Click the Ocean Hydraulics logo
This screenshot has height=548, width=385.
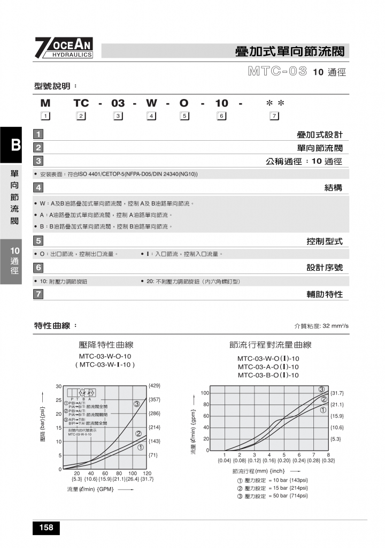[x=64, y=48]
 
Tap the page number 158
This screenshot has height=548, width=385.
[x=46, y=528]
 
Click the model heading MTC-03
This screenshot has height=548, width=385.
[x=278, y=71]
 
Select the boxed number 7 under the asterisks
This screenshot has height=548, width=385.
[x=274, y=116]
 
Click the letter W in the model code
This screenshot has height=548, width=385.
[x=151, y=103]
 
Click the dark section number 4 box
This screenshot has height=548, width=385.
[x=38, y=187]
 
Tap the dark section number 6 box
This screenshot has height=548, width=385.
[x=38, y=267]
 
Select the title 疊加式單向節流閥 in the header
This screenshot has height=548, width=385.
[x=292, y=51]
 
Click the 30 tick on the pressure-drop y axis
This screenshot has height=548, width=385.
[x=58, y=386]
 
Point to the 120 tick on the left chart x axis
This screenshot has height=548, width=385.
[x=147, y=474]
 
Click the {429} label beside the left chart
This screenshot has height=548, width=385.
[x=155, y=386]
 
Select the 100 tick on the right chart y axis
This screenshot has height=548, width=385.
[x=204, y=393]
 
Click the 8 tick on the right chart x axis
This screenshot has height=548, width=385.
[x=328, y=455]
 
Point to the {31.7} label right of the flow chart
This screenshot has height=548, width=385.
[x=337, y=393]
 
